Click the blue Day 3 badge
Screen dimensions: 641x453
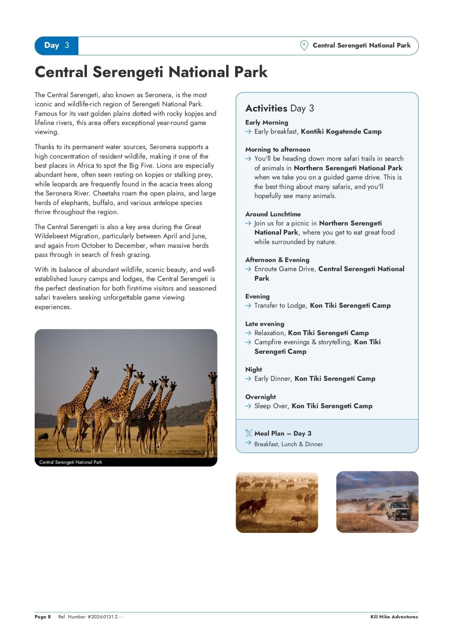click(x=57, y=46)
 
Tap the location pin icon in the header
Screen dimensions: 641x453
click(x=304, y=45)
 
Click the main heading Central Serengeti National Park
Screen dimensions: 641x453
click(x=151, y=72)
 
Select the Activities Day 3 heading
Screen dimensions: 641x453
click(x=279, y=108)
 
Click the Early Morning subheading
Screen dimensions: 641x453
click(x=267, y=122)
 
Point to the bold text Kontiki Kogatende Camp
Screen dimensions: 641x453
click(x=341, y=132)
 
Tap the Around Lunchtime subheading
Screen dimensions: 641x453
click(x=273, y=214)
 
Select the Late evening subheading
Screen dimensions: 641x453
click(x=265, y=324)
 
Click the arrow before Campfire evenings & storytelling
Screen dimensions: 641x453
click(x=248, y=342)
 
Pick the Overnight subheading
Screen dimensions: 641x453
click(x=260, y=397)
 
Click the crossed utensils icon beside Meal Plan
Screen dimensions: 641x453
click(x=248, y=433)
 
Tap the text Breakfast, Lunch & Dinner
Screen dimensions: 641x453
click(x=288, y=444)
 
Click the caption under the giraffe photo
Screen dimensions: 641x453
click(x=71, y=462)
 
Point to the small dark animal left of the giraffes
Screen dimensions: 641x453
click(x=43, y=437)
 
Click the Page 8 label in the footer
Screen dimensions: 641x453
click(x=43, y=617)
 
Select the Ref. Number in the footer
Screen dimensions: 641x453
click(x=91, y=617)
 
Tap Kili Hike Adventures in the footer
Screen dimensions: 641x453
click(x=394, y=617)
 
